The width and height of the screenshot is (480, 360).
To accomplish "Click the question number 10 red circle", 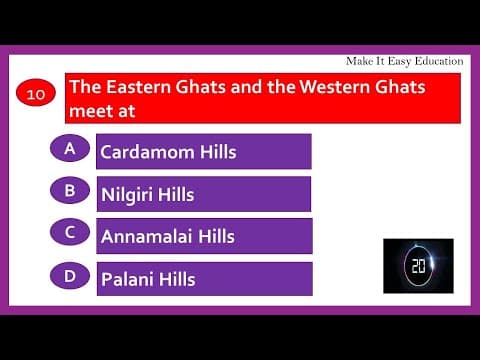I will click(37, 96).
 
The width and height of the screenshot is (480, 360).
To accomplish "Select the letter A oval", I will click(70, 148).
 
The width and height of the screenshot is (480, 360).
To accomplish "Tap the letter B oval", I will click(70, 189).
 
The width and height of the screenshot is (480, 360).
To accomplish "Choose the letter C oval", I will click(70, 232).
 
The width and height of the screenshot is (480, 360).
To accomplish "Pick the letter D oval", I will click(70, 275).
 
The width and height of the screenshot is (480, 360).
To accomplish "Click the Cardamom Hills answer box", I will click(204, 152).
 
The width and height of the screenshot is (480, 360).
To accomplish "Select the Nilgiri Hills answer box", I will click(204, 194).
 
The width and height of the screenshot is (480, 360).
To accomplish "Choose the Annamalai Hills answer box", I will click(204, 236).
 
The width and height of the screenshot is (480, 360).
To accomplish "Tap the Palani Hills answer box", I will click(204, 279).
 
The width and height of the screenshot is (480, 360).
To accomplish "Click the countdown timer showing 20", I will click(418, 265).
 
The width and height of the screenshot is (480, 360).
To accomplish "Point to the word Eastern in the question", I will click(134, 87).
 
